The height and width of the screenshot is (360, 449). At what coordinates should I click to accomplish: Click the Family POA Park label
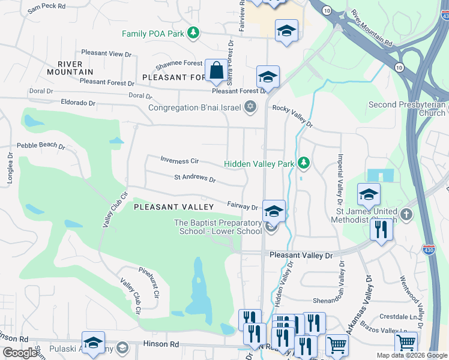[x=152, y=34]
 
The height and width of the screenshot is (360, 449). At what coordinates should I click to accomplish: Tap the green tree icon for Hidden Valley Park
[x=304, y=163]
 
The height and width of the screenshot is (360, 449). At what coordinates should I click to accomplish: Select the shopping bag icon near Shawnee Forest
[x=215, y=71]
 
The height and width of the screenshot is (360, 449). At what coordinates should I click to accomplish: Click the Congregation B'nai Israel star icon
[x=250, y=108]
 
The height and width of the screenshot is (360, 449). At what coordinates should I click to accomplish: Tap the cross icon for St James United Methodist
[x=406, y=214]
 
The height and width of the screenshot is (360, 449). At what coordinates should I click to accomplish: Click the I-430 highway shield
[x=429, y=247]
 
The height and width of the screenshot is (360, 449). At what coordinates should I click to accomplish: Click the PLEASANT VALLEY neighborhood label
[x=173, y=206]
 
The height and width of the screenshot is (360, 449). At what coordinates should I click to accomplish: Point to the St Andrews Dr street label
[x=195, y=178]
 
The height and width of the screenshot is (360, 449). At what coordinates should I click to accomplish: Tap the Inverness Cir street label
[x=179, y=160]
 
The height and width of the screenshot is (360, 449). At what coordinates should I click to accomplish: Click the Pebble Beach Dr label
[x=40, y=145]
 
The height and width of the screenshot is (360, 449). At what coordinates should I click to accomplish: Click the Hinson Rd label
[x=161, y=344]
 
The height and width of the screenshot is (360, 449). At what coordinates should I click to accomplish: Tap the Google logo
[x=20, y=353]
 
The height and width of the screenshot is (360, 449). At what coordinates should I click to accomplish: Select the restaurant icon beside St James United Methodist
[x=381, y=231]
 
